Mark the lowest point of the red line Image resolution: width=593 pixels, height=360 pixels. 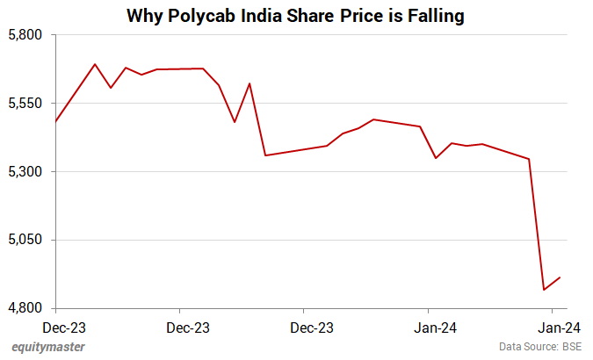click(545, 290)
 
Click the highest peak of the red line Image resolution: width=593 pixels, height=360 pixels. click(95, 64)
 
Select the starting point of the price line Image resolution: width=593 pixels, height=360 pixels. click(55, 121)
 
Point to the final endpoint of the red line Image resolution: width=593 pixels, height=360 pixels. click(560, 277)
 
